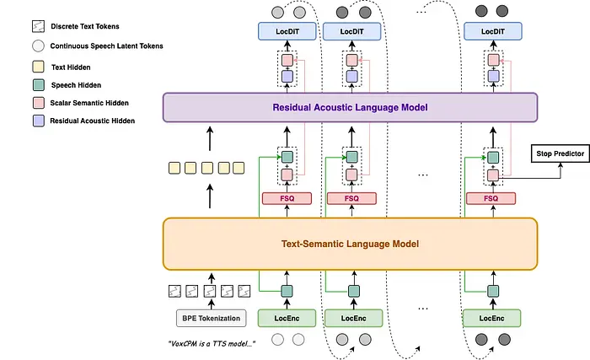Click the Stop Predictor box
coord(560,153)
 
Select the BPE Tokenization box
coord(211,318)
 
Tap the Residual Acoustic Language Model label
coord(350,107)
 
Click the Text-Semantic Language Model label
coord(350,244)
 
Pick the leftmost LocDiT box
coord(287,31)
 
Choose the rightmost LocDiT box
coord(493,31)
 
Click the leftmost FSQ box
coord(287,198)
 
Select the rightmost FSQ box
coord(491,198)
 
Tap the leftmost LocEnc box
coord(287,318)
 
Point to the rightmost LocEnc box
coord(491,318)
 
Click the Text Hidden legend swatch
coord(39,67)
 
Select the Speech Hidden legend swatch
coord(39,84)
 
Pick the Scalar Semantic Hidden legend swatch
coord(39,103)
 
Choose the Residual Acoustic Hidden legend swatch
coord(39,121)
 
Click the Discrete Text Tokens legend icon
coord(39,26)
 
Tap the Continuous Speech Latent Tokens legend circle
coord(39,46)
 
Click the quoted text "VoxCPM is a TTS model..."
coord(212,343)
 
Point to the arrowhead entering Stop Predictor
coord(560,165)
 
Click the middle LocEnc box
coord(353,318)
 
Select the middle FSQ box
coord(351,198)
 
